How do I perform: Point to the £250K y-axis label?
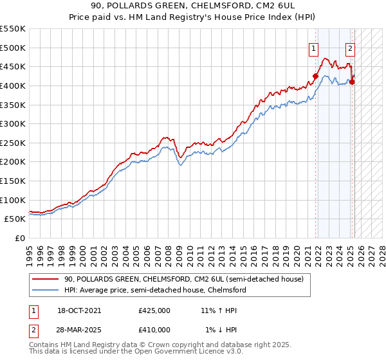(x=14, y=143)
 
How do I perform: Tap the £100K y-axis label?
(x=14, y=200)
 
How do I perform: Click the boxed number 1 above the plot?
(x=313, y=48)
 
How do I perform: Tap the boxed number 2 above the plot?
(x=350, y=48)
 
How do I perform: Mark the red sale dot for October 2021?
(x=315, y=76)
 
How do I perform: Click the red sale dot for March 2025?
(x=352, y=82)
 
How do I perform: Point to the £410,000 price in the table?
(x=154, y=330)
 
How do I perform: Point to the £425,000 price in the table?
(x=154, y=310)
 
